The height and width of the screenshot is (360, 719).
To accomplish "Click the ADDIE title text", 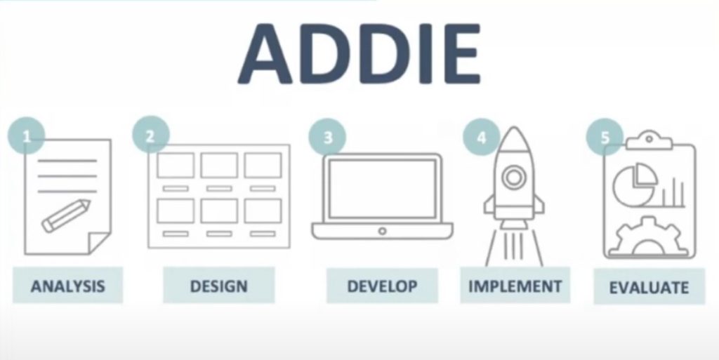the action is [359, 53].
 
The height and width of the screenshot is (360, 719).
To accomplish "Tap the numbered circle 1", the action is [27, 136].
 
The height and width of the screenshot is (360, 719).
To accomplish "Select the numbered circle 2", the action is [151, 135].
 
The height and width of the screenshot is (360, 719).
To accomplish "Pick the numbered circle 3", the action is [327, 138].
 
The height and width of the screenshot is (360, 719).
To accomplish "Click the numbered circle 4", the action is [482, 137].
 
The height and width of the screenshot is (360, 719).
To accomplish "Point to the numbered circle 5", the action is [605, 137].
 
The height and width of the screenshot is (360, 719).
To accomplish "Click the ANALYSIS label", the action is [68, 286].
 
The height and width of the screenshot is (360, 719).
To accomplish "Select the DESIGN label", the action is [219, 286].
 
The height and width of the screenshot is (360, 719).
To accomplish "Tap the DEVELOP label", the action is [382, 286].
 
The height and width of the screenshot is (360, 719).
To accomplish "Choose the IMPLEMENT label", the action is [515, 286].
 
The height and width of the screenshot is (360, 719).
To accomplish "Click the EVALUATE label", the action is [649, 287].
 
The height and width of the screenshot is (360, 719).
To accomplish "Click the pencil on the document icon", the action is [66, 215].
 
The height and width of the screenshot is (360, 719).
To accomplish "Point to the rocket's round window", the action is [513, 177].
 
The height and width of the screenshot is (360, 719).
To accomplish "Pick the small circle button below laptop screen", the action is [382, 231].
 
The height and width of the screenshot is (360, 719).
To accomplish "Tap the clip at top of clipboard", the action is [649, 140].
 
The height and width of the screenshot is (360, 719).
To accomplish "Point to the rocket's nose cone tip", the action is [514, 127].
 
